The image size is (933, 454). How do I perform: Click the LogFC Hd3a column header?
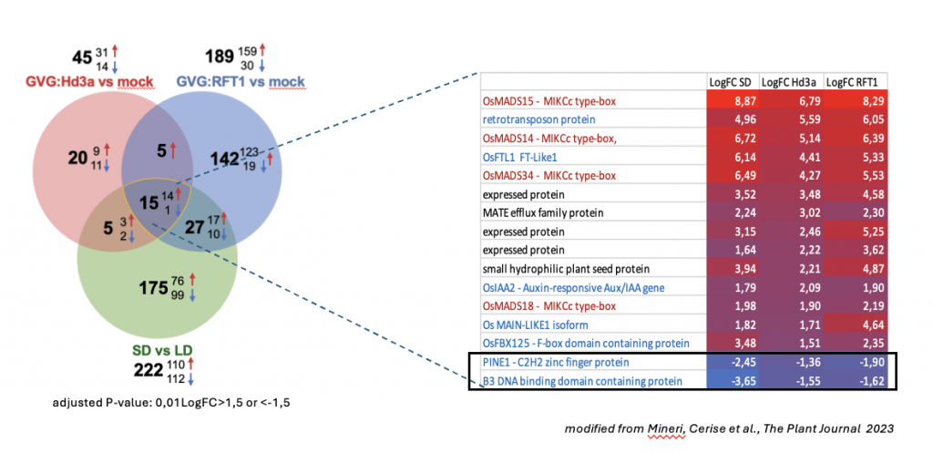point(790,82)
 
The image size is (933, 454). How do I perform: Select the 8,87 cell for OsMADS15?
point(733,101)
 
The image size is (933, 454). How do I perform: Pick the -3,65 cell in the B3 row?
point(733,381)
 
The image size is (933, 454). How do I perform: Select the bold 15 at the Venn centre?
point(149,203)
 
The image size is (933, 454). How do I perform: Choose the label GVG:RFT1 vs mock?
point(240,81)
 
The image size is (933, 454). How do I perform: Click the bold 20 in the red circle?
point(77,159)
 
